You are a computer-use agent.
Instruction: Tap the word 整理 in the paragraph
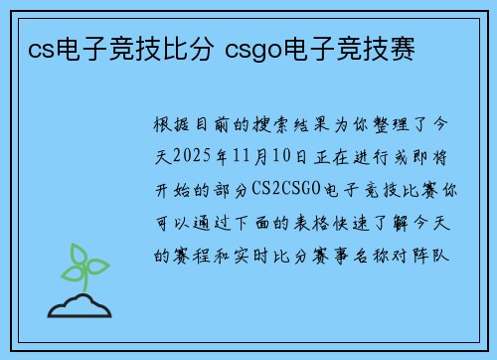coord(391,126)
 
